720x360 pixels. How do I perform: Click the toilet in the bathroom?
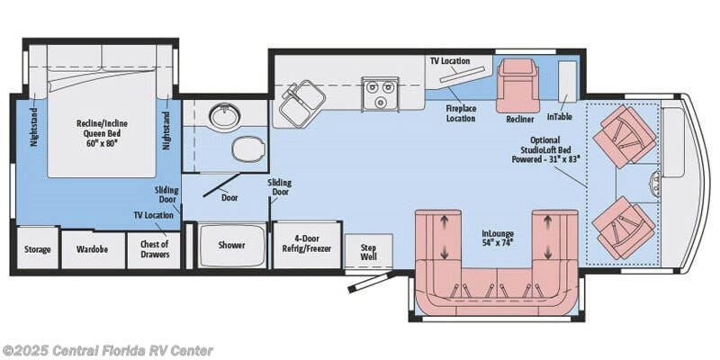click(248, 149)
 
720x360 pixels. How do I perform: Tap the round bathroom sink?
click(226, 116)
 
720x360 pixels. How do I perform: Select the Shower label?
click(231, 245)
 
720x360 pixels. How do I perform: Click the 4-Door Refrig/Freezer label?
click(306, 244)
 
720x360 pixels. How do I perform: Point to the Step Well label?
click(368, 252)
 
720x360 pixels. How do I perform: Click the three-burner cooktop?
click(380, 94)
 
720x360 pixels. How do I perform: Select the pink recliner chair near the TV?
click(517, 85)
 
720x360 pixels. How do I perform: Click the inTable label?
click(559, 117)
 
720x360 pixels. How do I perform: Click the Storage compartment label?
click(37, 249)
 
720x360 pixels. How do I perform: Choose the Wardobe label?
click(93, 249)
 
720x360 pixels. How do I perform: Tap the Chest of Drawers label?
click(155, 249)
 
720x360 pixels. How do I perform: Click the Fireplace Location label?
click(461, 113)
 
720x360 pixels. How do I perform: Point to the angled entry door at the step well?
click(372, 282)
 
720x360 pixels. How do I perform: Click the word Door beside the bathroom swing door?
click(229, 197)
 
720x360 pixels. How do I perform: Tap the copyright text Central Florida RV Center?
click(106, 351)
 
